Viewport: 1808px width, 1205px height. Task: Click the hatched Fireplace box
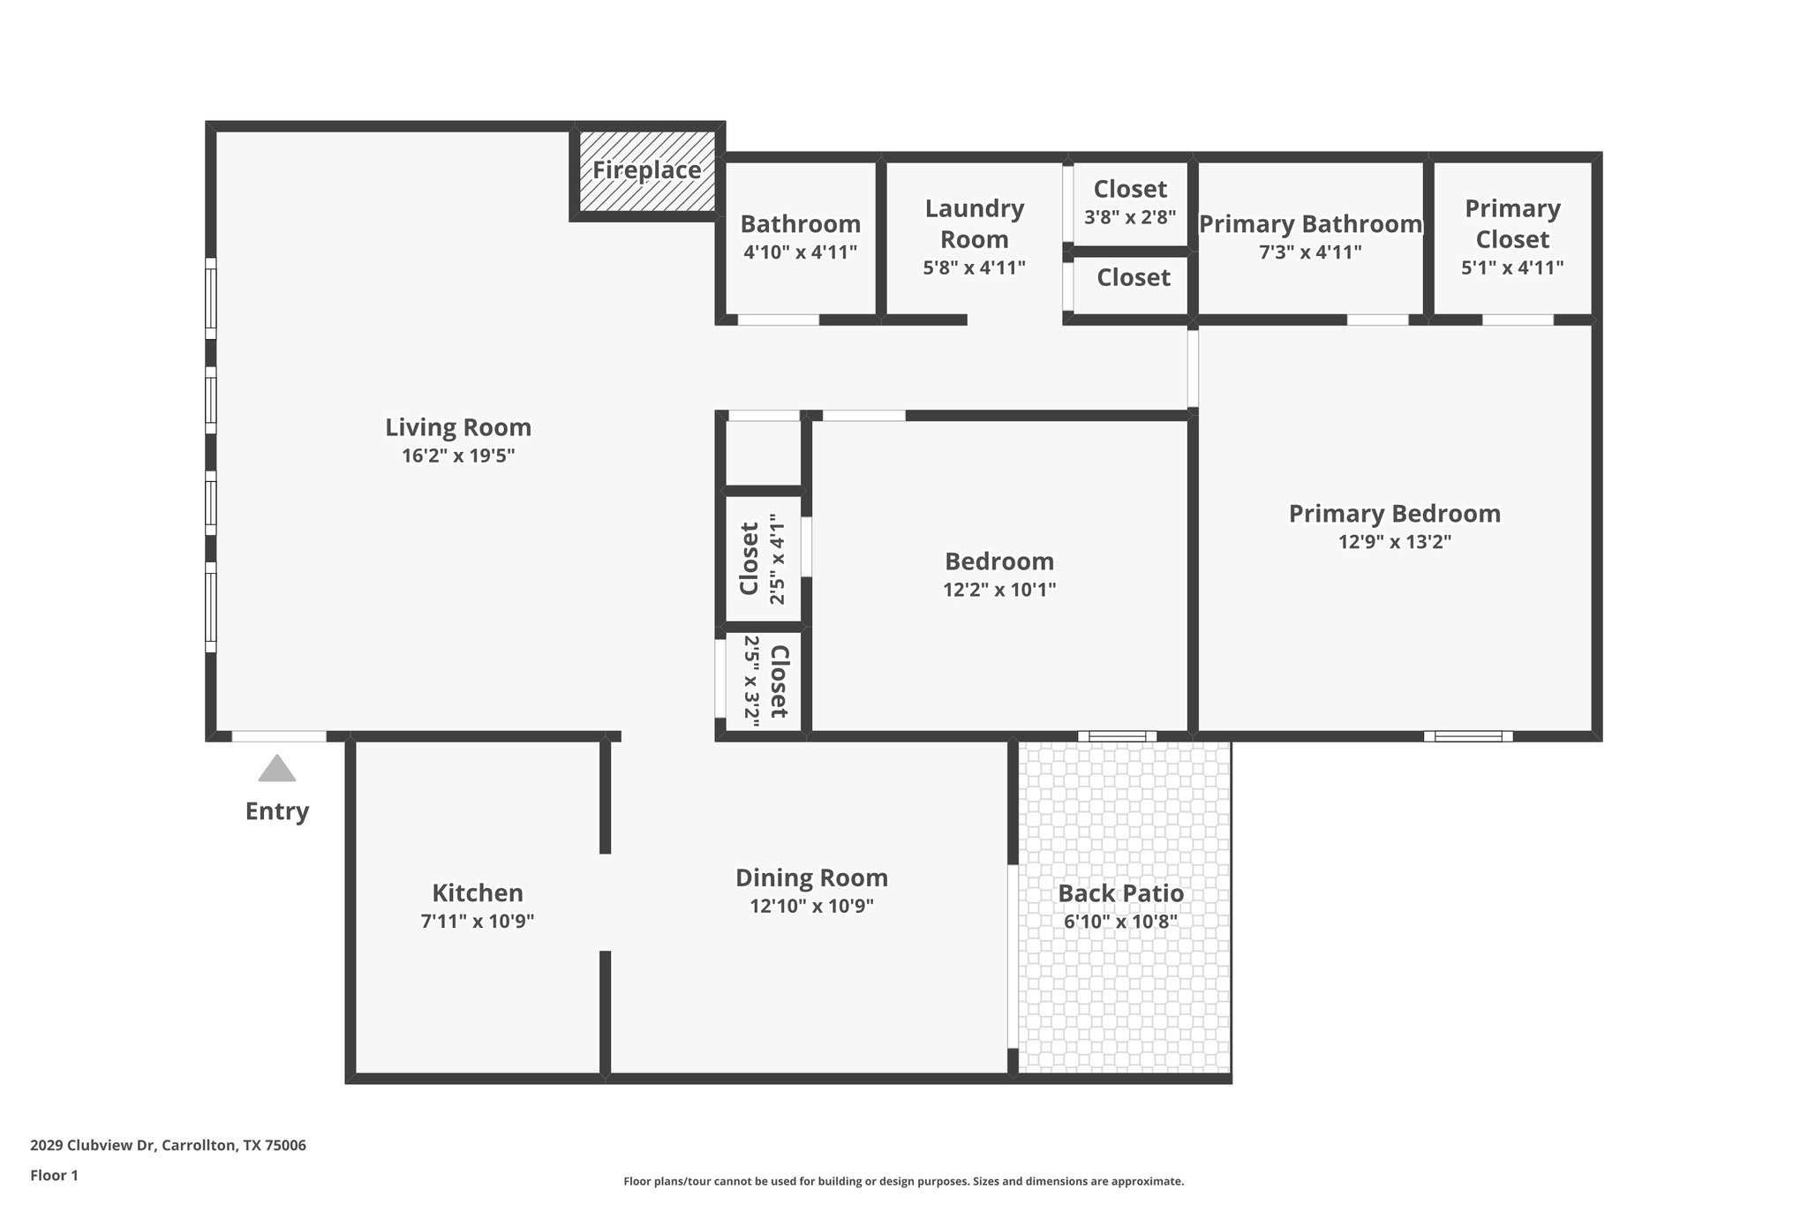coord(646,171)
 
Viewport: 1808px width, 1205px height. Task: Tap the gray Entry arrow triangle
coord(277,769)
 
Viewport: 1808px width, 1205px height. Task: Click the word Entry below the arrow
coord(277,811)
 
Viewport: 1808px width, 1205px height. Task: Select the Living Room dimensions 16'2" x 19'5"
coord(458,456)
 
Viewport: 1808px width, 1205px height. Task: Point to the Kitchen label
coord(478,892)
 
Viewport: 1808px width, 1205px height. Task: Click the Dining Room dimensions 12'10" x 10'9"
coord(811,906)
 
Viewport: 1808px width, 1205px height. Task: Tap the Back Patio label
coord(1120,893)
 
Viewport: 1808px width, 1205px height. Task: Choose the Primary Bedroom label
coord(1394,514)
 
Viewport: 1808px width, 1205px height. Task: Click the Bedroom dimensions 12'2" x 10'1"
coord(999,590)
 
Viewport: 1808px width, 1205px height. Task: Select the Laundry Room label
coord(975,224)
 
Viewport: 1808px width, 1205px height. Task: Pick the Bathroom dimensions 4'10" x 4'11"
coord(800,252)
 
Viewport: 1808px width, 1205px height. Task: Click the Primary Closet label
coord(1512,224)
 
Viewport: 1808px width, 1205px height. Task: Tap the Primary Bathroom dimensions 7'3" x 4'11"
coord(1310,252)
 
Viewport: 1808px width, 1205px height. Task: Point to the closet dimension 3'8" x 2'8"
coord(1130,217)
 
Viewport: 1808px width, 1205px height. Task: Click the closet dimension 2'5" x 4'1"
coord(777,559)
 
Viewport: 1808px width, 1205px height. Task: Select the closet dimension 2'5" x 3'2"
coord(752,681)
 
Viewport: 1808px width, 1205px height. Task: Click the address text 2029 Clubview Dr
coord(93,1146)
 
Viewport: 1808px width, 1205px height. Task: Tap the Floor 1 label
coord(55,1176)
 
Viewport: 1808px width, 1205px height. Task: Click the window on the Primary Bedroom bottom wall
coord(1467,736)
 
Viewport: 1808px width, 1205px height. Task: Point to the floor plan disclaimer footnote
coord(903,1181)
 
